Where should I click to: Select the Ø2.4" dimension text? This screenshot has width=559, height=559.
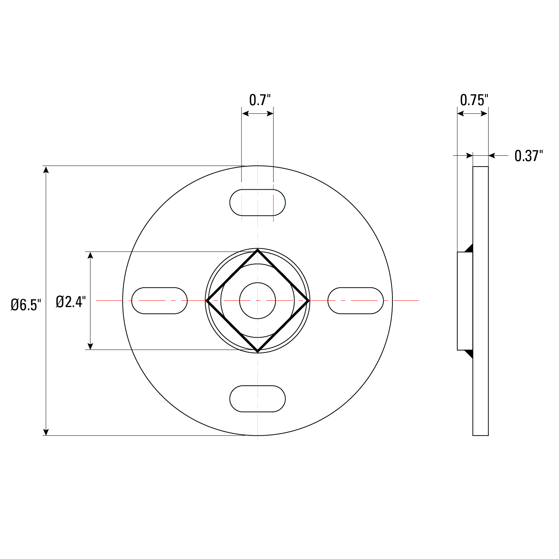pos(71,301)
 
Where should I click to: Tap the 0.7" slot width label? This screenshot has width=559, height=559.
pos(259,100)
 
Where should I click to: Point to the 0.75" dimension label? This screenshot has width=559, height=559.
pos(474,100)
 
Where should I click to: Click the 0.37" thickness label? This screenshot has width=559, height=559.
pos(528,156)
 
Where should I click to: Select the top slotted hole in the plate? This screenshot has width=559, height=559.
pos(257,202)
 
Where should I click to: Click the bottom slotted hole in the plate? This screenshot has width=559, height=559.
pos(257,399)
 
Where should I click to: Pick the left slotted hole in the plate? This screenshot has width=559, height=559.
pos(159,301)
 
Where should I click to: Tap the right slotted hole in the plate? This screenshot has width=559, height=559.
pos(356,301)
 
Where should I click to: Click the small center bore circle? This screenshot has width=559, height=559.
pos(257,301)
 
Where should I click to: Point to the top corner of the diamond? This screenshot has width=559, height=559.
pos(257,250)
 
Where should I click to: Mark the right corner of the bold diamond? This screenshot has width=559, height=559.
pos(308,301)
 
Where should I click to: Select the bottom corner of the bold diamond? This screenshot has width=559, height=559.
pos(257,351)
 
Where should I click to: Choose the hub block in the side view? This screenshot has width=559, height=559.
pos(465,301)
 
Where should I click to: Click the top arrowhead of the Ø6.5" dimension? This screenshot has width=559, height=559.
pos(46,170)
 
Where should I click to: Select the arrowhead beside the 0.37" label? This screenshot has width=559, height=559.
pos(492,155)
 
